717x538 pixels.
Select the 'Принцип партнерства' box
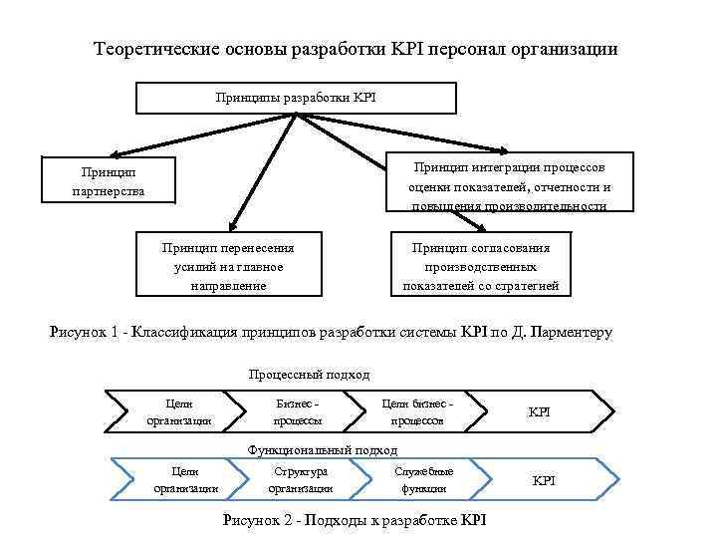click(x=108, y=181)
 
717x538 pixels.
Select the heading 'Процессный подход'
click(x=308, y=375)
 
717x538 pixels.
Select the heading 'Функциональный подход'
click(x=308, y=450)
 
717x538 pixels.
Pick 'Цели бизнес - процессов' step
click(x=417, y=411)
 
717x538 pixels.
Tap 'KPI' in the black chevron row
click(x=539, y=411)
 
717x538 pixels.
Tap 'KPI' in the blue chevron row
click(x=544, y=481)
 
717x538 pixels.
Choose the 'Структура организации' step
click(x=300, y=480)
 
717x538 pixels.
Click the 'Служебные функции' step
click(x=424, y=480)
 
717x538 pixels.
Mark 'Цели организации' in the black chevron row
click(x=179, y=411)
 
